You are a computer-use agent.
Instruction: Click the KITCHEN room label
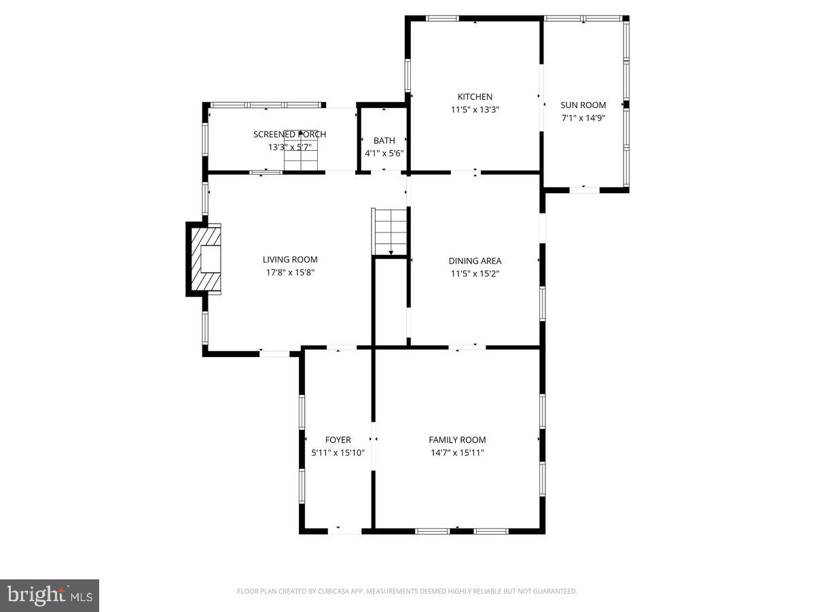pyautogui.click(x=475, y=97)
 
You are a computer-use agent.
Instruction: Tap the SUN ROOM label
pyautogui.click(x=583, y=105)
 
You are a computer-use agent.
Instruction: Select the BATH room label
pyautogui.click(x=384, y=141)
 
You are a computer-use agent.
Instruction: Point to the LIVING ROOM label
pyautogui.click(x=290, y=259)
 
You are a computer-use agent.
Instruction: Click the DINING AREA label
pyautogui.click(x=475, y=260)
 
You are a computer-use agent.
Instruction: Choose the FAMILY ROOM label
pyautogui.click(x=457, y=440)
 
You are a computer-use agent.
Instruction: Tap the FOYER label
pyautogui.click(x=338, y=440)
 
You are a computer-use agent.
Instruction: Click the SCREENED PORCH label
pyautogui.click(x=289, y=134)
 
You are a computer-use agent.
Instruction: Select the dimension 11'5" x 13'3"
pyautogui.click(x=475, y=109)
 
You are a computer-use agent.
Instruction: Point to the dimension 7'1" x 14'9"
pyautogui.click(x=583, y=118)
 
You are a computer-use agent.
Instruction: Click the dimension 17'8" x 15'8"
pyautogui.click(x=290, y=272)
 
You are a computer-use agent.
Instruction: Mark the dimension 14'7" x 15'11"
pyautogui.click(x=457, y=453)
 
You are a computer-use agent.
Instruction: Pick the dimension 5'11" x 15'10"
pyautogui.click(x=338, y=453)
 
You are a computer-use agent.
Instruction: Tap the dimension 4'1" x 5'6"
pyautogui.click(x=384, y=154)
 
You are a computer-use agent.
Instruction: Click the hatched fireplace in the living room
pyautogui.click(x=206, y=259)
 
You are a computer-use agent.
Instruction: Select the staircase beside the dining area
pyautogui.click(x=390, y=231)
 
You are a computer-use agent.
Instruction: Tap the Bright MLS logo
pyautogui.click(x=50, y=595)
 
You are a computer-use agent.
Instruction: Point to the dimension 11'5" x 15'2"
pyautogui.click(x=475, y=273)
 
